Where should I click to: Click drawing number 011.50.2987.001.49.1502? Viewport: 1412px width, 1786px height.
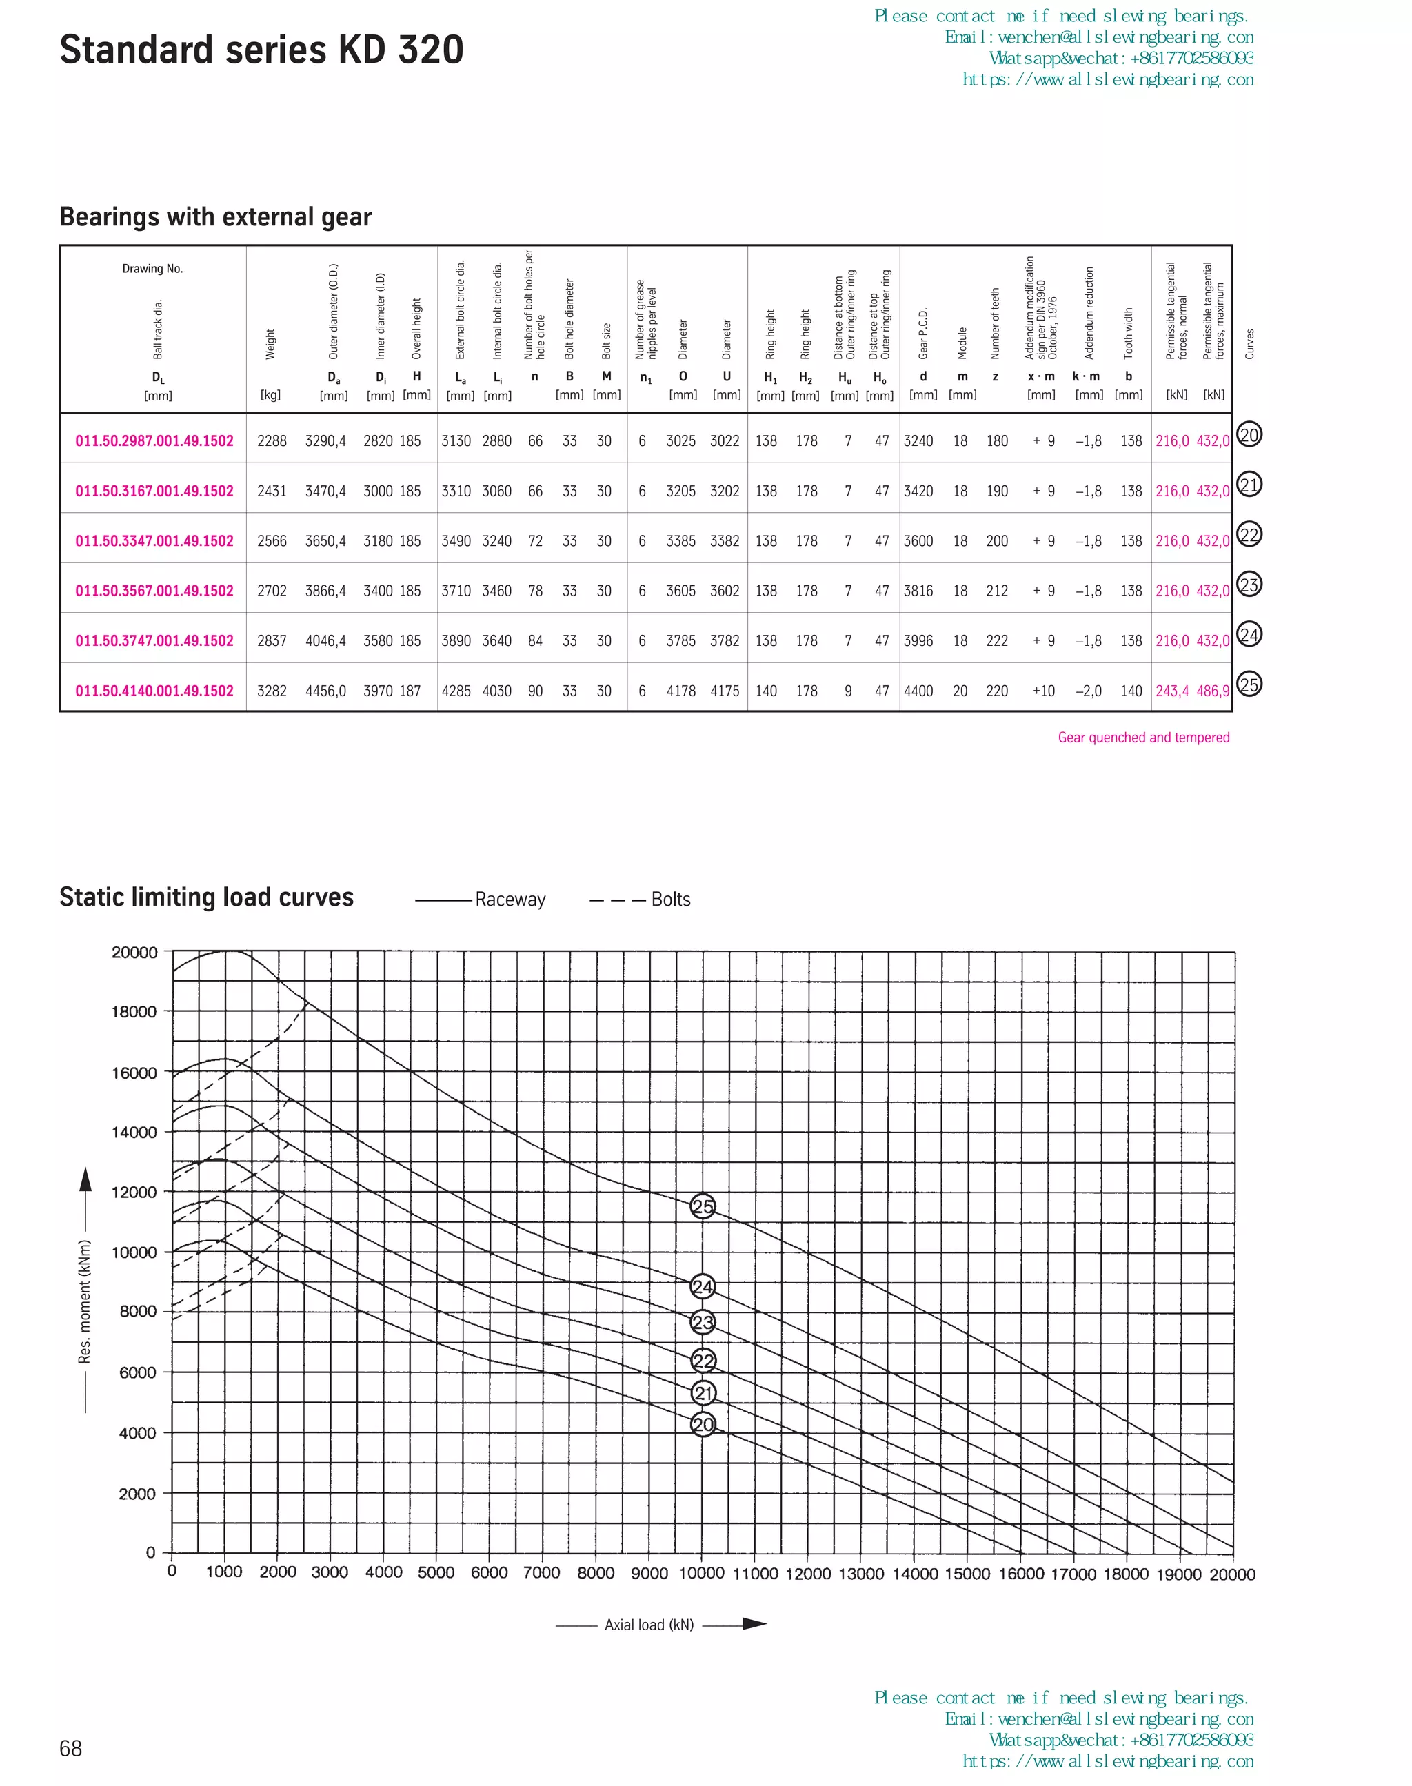click(154, 441)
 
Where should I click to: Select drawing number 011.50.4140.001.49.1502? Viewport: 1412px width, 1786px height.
click(154, 691)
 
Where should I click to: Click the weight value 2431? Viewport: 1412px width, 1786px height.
click(271, 491)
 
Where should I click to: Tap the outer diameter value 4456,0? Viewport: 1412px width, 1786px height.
click(325, 691)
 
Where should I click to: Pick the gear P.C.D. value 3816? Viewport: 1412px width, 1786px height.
click(918, 591)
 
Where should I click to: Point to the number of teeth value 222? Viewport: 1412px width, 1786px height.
click(996, 640)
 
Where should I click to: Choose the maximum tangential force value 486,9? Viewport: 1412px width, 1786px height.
click(1213, 691)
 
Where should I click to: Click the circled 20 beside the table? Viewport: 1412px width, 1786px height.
click(1249, 435)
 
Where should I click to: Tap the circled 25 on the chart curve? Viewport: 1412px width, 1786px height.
click(703, 1207)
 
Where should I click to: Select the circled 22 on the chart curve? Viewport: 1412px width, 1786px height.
click(703, 1361)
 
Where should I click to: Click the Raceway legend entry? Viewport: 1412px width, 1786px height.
click(510, 899)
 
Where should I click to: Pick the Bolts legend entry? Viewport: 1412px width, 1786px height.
click(669, 899)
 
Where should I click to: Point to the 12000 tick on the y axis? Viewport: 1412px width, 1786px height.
click(134, 1192)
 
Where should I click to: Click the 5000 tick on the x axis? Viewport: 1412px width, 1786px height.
click(436, 1573)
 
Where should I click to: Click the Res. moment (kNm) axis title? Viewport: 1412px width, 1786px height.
click(84, 1301)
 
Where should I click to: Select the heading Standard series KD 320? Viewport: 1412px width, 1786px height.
click(261, 50)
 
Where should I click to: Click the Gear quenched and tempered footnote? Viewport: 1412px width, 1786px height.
click(1143, 737)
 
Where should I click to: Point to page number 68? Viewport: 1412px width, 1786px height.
click(71, 1748)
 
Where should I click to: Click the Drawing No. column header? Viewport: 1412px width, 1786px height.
click(152, 269)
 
